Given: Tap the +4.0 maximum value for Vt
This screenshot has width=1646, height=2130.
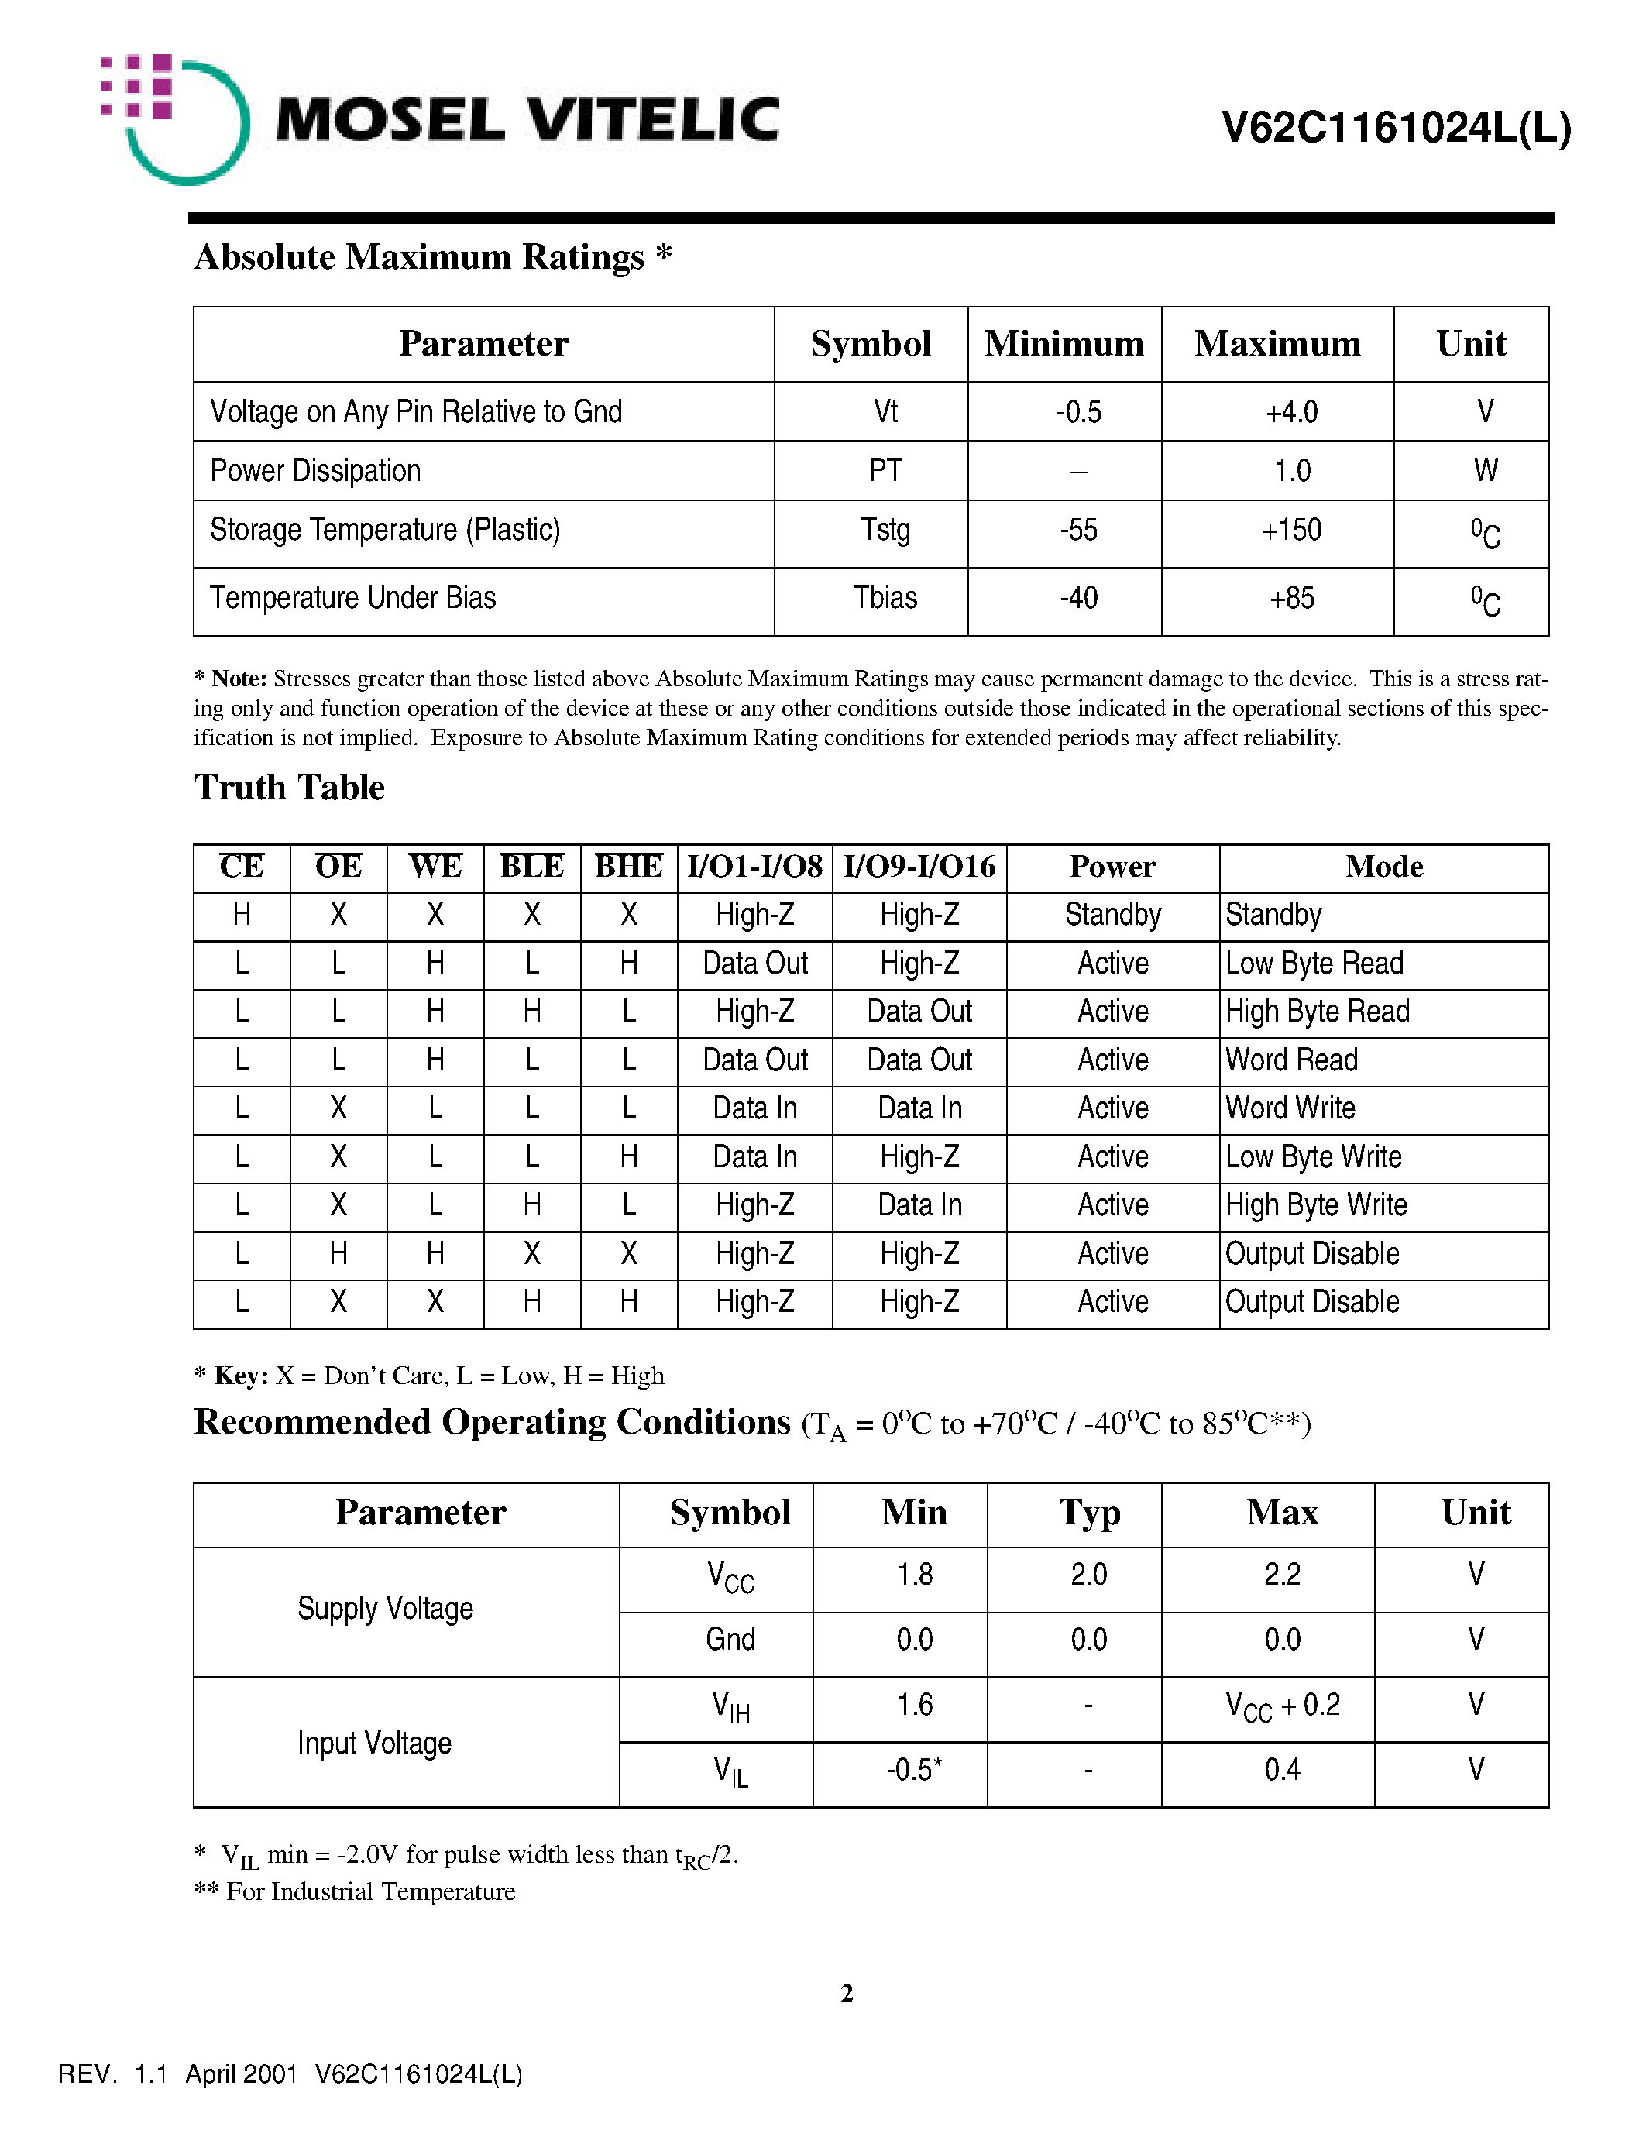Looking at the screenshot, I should pos(1291,411).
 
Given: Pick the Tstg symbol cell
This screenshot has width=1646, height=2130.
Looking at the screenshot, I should pos(885,531).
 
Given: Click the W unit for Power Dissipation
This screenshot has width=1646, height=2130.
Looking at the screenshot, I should pos(1485,471).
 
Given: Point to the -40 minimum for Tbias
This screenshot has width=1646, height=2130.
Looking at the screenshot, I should pos(1078,598).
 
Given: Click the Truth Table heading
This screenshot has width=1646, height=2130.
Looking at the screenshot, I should pos(290,788).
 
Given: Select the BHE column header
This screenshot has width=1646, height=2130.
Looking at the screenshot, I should pos(629,867).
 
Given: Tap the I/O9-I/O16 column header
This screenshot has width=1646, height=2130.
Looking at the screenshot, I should pos(919,867).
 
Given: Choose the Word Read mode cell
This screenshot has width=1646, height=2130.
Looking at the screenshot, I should pos(1291,1060).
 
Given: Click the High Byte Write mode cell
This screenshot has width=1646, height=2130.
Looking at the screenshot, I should pos(1315,1205).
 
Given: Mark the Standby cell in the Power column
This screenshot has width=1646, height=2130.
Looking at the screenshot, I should pos(1112,915).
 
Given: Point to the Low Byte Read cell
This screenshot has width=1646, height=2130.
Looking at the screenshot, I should pos(1314,964).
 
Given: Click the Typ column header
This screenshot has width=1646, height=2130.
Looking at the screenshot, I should pos(1089,1513).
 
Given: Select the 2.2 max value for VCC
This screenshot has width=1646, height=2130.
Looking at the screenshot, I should pos(1282,1575).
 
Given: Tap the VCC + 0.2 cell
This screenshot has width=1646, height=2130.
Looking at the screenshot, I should pos(1282,1706).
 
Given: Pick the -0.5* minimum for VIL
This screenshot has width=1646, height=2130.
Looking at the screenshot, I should pos(914,1770).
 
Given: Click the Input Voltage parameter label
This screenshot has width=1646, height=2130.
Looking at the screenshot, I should pos(374,1743).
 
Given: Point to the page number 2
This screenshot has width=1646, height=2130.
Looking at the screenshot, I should pos(847,1994).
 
